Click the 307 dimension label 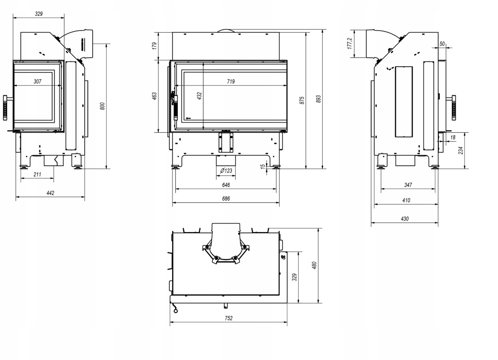37,81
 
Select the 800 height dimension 102,106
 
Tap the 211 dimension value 37,174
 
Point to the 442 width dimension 50,193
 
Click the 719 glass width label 231,81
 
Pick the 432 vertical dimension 199,96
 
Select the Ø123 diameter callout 226,171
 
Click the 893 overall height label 318,99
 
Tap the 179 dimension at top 155,46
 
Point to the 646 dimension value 226,185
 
